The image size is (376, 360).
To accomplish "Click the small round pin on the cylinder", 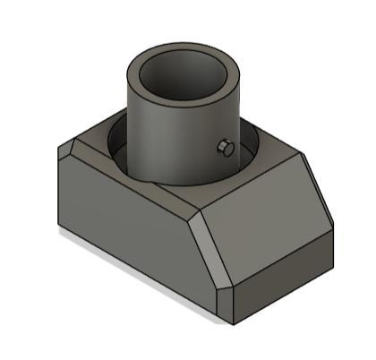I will [x=226, y=148].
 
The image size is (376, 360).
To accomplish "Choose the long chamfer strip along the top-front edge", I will [x=134, y=175].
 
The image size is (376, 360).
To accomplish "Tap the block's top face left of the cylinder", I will [x=98, y=145].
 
